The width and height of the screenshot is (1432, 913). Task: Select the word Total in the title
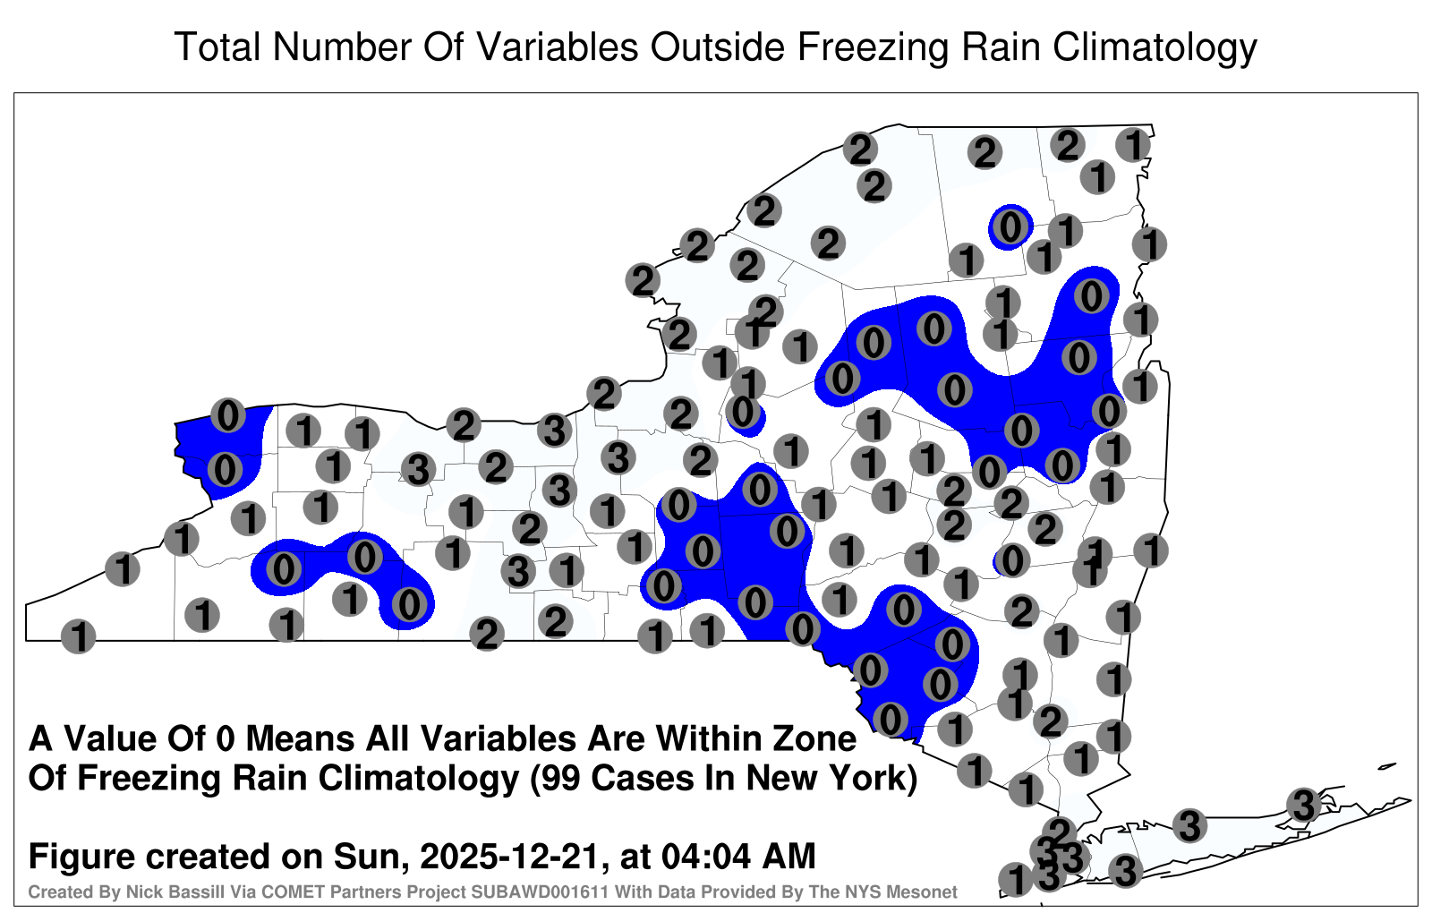(x=217, y=47)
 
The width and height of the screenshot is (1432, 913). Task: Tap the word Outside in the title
(x=717, y=47)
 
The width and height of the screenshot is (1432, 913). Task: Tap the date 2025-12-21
(x=510, y=856)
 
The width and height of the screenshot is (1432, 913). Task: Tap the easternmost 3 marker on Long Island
(x=1303, y=805)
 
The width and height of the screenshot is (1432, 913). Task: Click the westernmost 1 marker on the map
(x=78, y=636)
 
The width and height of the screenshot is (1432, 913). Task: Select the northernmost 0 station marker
(x=1010, y=227)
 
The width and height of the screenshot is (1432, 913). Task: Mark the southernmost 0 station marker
(x=890, y=720)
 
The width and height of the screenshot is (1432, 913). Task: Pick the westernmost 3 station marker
(x=418, y=471)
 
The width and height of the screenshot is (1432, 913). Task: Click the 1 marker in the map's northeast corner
(x=1133, y=145)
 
